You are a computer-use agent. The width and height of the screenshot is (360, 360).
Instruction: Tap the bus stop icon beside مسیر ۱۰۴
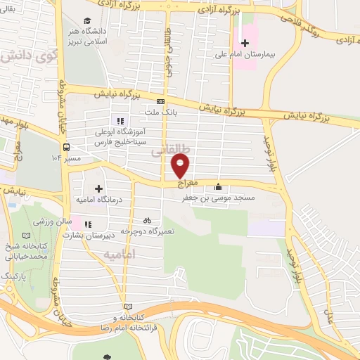(66, 147)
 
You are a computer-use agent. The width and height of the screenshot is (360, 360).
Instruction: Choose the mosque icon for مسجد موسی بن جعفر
(218, 187)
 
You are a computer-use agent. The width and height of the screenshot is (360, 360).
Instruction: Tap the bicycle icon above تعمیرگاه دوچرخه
(147, 219)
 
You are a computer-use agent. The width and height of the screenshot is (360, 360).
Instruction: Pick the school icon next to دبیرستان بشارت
(89, 225)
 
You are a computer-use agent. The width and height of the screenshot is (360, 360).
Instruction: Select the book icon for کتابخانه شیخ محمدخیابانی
(26, 234)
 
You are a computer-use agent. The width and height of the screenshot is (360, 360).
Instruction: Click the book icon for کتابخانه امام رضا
(127, 307)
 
